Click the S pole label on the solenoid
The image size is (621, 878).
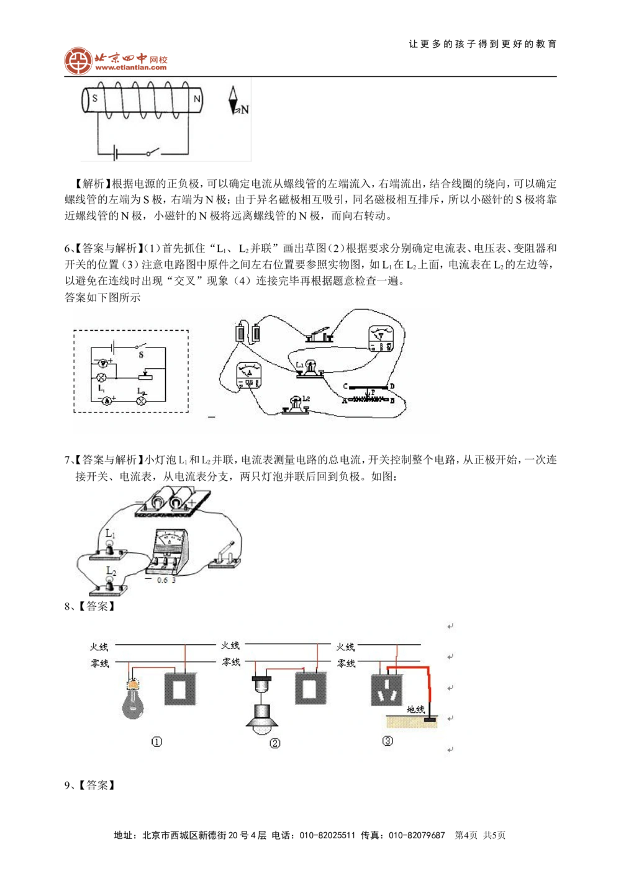95,99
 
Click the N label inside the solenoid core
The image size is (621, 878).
197,99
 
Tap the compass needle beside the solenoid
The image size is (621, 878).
234,100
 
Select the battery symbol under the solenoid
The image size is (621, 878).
116,153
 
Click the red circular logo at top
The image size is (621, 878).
77,61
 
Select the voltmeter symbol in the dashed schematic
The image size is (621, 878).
104,362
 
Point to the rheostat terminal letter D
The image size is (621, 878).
391,387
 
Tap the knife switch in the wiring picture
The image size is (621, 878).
320,335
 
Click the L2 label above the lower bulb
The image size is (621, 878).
111,570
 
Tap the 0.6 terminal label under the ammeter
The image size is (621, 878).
161,580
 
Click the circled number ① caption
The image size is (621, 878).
156,741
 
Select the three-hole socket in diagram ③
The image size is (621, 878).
388,688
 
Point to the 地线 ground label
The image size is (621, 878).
415,709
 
